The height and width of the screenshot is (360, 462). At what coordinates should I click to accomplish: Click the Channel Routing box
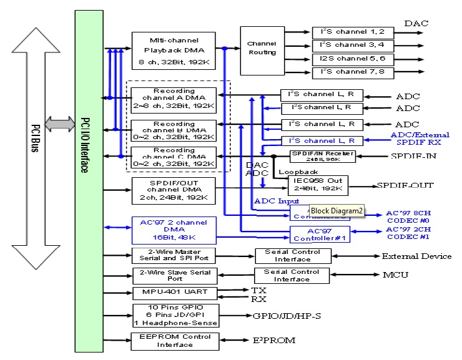pos(262,49)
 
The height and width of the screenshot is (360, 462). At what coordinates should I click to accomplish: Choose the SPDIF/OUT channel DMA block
pos(174,191)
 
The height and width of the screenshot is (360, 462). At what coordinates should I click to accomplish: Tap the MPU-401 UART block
pos(174,293)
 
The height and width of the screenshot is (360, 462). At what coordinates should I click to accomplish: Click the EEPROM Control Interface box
pos(174,341)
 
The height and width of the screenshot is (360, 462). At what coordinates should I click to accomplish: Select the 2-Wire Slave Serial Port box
pos(174,275)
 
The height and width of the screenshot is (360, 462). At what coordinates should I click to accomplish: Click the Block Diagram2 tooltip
pos(337,211)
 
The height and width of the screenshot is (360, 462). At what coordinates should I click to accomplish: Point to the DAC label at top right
pos(416,24)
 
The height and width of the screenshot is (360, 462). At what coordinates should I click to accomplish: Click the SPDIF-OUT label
pos(404,186)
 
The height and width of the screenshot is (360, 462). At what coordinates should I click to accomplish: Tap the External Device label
pos(416,256)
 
